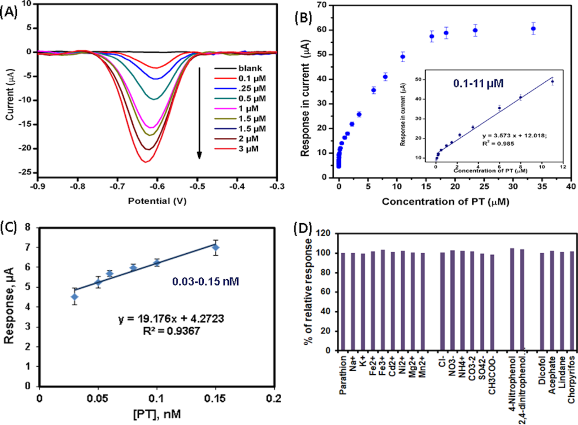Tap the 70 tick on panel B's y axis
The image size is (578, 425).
click(322, 6)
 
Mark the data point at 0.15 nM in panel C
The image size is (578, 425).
click(215, 248)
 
